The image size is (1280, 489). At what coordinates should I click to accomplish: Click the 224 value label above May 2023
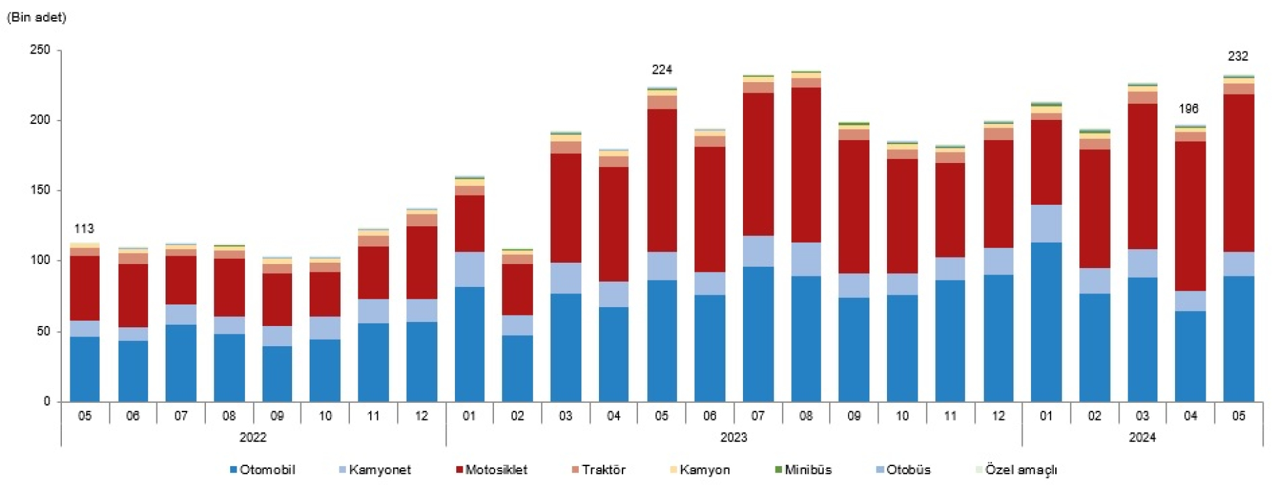(x=662, y=70)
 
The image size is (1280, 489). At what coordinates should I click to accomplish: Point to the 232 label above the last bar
(x=1238, y=57)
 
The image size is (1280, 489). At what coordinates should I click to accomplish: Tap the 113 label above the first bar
(x=84, y=229)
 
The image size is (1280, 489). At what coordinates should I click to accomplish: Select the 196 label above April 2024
(x=1188, y=109)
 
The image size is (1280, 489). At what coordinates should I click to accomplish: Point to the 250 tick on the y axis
(x=40, y=50)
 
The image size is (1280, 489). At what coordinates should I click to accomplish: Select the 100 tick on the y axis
(x=40, y=260)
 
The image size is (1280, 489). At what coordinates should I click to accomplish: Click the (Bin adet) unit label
(x=36, y=18)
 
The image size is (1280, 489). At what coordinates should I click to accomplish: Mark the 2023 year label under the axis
(x=733, y=437)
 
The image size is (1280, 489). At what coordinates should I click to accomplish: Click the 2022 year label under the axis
(x=253, y=437)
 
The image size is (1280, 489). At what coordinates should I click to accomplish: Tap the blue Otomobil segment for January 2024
(x=1046, y=323)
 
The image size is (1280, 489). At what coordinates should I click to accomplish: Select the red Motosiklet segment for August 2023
(x=806, y=165)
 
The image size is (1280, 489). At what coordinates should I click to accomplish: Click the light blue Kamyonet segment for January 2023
(x=469, y=269)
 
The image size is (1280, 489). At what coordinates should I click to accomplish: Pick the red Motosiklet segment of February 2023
(x=517, y=289)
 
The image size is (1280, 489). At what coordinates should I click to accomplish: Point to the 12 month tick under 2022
(x=421, y=416)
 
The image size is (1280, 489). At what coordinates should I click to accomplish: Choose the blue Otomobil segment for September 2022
(x=277, y=374)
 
